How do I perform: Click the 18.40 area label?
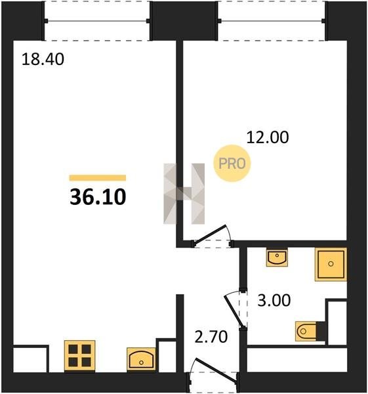point(43,60)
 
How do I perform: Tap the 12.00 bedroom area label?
point(268,137)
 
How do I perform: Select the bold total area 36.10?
point(98,197)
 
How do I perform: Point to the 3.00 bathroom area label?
point(274,300)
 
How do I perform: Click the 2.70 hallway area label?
point(211,337)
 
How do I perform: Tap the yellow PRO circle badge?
point(232,164)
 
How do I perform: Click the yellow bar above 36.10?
point(98,178)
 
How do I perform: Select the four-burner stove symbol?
point(80,355)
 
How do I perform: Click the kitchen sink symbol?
point(141,359)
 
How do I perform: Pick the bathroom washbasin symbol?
point(277,257)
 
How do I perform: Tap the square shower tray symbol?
point(331,264)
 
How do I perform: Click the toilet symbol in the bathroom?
point(308,331)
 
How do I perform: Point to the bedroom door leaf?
point(211,234)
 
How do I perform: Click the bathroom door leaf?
point(234,311)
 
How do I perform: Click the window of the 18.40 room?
point(97,21)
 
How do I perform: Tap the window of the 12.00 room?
point(271,21)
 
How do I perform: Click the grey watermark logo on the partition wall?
point(184,194)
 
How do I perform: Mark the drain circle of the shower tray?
point(331,264)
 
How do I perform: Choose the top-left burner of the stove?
point(73,349)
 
